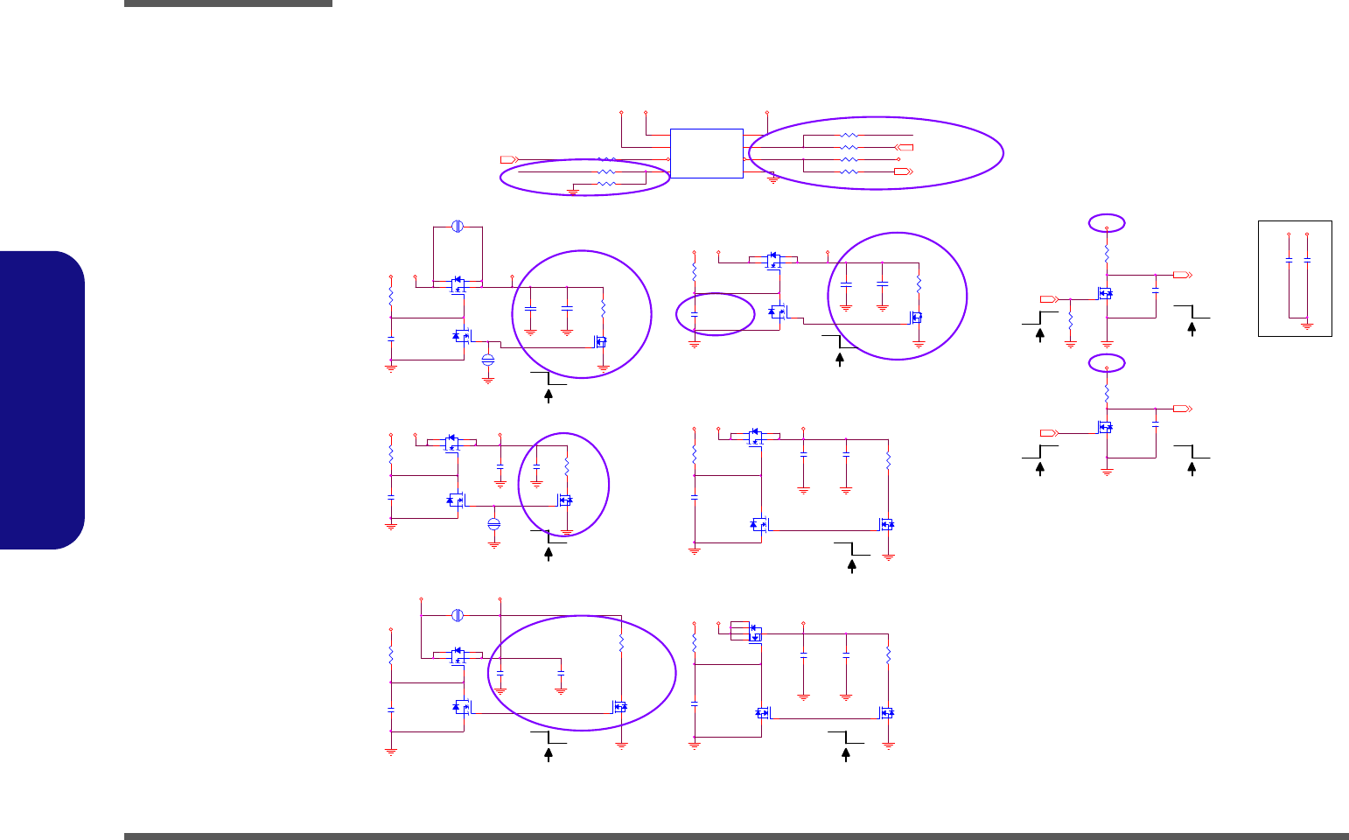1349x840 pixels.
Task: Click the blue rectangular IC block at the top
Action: coord(706,153)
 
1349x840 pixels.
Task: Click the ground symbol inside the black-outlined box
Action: coord(1307,325)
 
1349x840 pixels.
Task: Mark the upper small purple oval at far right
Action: coord(1107,223)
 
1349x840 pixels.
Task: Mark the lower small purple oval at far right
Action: coord(1107,362)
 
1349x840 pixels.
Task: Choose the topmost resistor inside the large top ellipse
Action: coord(849,136)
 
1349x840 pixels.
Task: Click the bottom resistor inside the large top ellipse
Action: coord(849,172)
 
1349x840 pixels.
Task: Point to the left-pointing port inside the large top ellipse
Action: coord(906,148)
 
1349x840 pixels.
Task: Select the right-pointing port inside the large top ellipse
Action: coord(902,172)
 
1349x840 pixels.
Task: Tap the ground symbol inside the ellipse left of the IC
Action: coord(573,189)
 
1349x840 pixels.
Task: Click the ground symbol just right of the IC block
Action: coord(773,179)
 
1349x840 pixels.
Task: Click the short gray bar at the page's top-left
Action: coord(228,3)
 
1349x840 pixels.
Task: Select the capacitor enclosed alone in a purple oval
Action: coord(695,312)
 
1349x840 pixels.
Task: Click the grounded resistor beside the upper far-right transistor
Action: coord(1071,323)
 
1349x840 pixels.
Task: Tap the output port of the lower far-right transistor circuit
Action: coord(1182,409)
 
